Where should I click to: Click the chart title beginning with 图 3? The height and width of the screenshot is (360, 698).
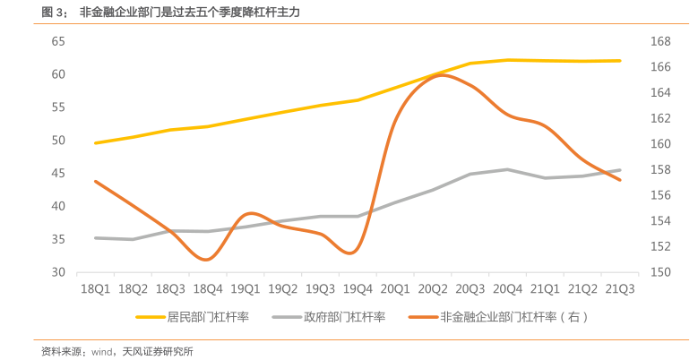(170, 13)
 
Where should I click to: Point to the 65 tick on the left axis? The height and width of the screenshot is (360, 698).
(59, 41)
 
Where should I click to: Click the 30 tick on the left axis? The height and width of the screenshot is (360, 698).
(59, 272)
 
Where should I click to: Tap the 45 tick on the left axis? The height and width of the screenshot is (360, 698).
(59, 173)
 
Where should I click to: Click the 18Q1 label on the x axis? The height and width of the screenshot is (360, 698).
(95, 289)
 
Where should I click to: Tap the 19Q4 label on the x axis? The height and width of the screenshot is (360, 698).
(358, 289)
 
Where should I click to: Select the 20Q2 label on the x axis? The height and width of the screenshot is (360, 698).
(433, 289)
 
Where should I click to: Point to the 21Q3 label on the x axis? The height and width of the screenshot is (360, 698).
(620, 289)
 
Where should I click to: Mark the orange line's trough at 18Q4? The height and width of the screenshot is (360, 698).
(208, 260)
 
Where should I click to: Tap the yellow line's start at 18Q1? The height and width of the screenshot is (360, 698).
(95, 142)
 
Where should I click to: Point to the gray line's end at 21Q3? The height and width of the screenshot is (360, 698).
(620, 170)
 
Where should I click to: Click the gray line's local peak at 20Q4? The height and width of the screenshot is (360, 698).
(507, 169)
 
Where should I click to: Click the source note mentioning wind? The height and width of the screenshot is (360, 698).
(116, 351)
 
